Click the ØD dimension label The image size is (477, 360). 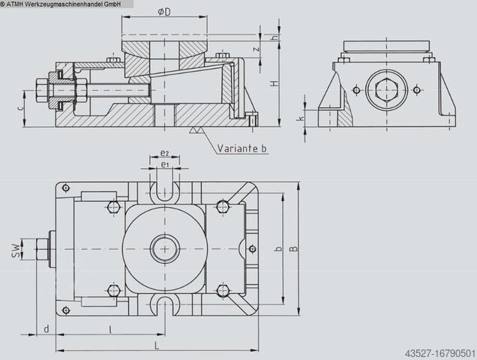pos(164,12)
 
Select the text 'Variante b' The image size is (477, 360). pos(241,148)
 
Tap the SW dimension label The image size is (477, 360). pos(16,249)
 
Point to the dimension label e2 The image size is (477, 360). pos(164,153)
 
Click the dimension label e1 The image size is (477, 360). pos(164,165)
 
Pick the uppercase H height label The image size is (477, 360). pos(274,82)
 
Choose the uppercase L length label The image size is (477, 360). pos(157,346)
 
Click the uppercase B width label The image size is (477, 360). pos(293,248)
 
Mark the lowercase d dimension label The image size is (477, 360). pos(46,329)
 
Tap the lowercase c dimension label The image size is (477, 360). pos(20,108)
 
